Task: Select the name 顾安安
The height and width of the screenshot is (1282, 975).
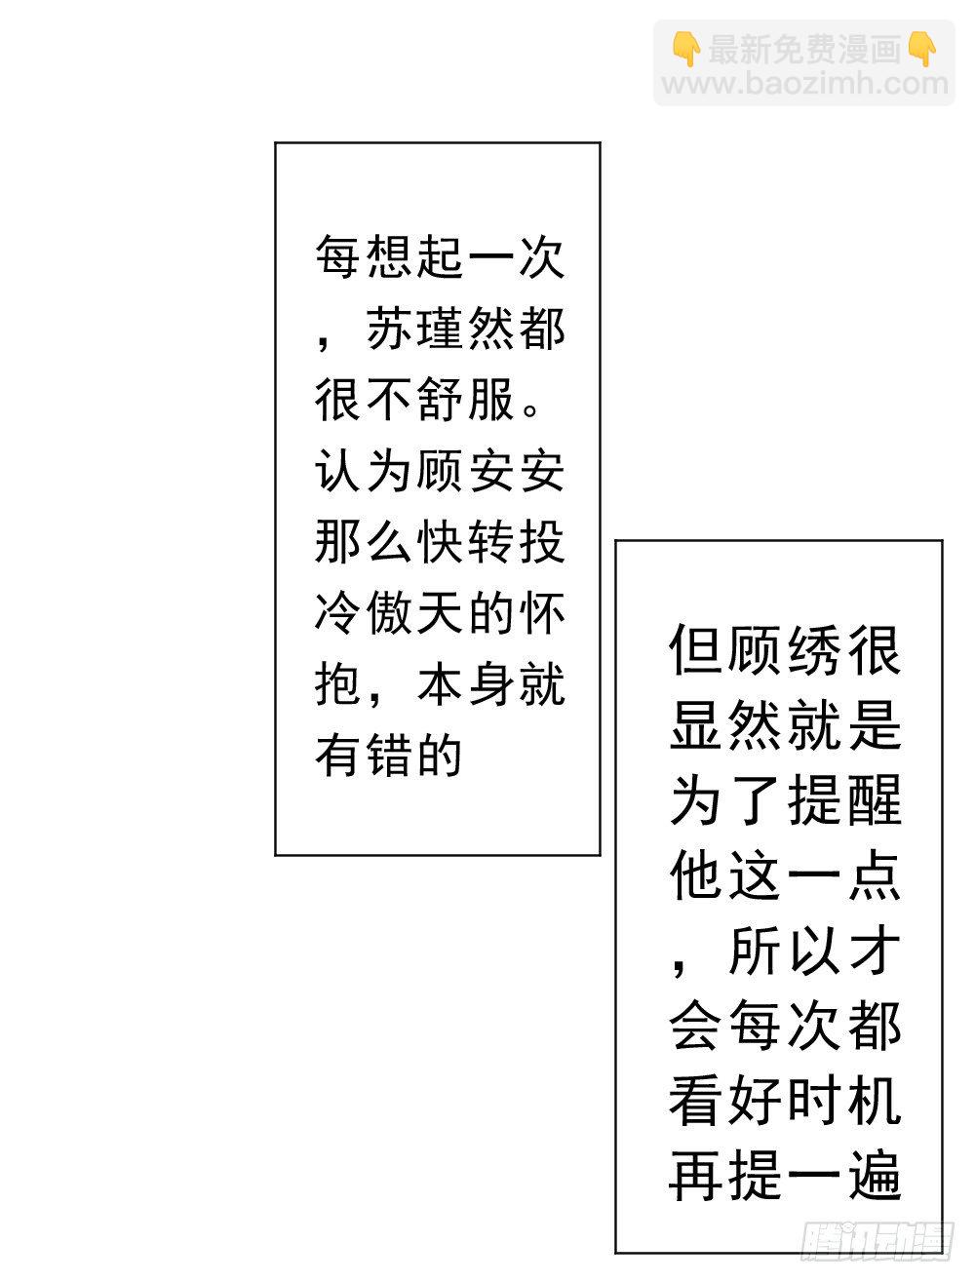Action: click(x=489, y=471)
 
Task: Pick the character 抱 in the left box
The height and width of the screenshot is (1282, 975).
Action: click(x=338, y=684)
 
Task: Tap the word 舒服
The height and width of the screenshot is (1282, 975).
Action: click(x=465, y=400)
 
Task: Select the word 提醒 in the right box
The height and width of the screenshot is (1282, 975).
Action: click(x=843, y=800)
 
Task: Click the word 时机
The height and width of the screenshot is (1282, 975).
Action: click(x=843, y=1101)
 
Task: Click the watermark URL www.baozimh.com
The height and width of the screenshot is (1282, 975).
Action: click(x=804, y=84)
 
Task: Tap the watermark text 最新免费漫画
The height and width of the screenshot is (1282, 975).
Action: click(x=804, y=49)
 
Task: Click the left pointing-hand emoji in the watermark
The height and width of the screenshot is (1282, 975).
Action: click(x=686, y=49)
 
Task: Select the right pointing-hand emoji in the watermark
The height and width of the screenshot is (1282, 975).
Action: click(x=922, y=49)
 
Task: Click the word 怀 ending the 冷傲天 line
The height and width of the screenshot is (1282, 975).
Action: click(x=542, y=613)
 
